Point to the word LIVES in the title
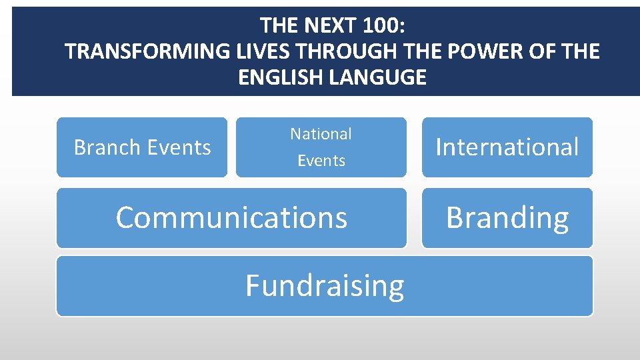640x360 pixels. coord(267,51)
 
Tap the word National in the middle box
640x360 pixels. coord(321,134)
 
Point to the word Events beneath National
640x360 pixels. coord(321,161)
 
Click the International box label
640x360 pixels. coord(507,147)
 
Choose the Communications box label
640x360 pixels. coord(231,218)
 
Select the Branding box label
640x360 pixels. coord(507,218)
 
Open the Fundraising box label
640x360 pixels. coord(325,286)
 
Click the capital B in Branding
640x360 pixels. coord(455,217)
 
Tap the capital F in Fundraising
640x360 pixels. coord(253,285)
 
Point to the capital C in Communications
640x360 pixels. coord(126,217)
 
